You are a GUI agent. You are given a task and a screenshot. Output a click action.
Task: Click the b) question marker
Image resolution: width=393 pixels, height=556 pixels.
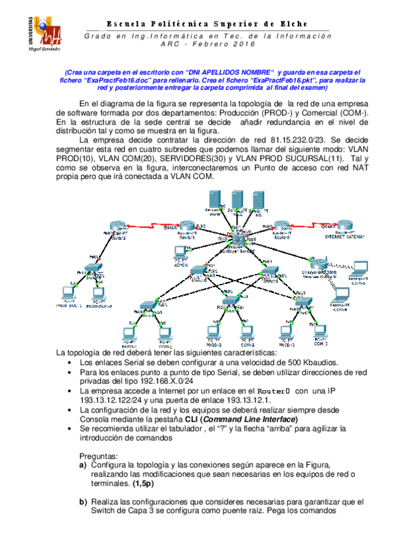coord(83,502)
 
